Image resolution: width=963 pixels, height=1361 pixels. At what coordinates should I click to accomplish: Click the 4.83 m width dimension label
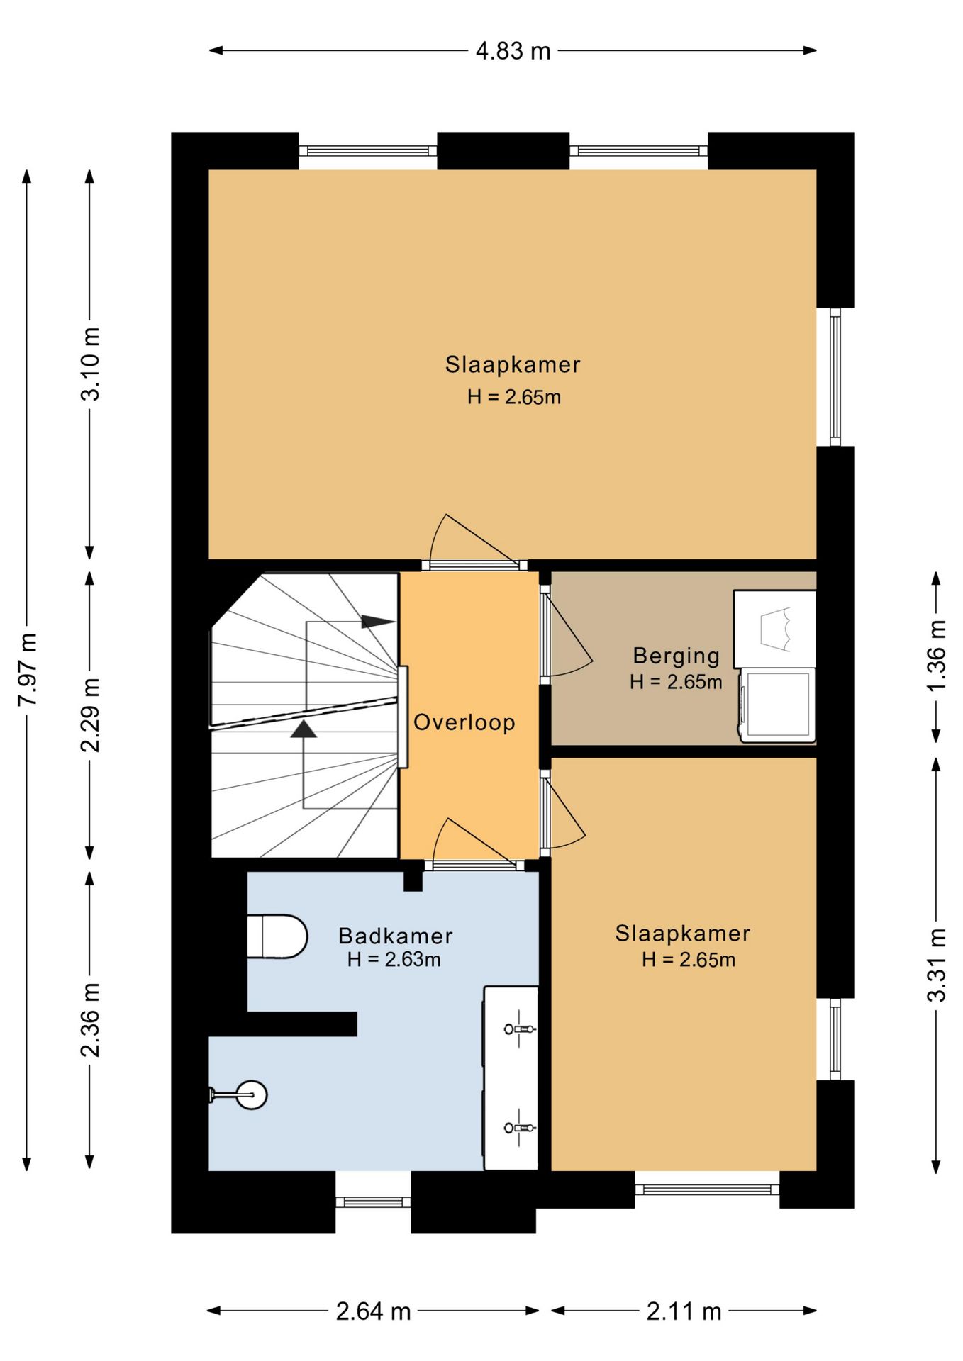(x=513, y=51)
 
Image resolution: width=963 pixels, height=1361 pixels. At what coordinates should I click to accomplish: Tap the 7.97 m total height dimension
(x=28, y=669)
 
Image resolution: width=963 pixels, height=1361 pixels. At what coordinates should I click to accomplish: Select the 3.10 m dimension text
(x=90, y=364)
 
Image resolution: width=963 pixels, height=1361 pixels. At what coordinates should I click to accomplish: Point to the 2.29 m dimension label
(x=90, y=715)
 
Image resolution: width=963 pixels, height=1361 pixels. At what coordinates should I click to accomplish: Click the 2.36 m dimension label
(x=90, y=1020)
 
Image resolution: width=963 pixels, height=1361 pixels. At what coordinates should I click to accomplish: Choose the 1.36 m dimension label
(x=936, y=656)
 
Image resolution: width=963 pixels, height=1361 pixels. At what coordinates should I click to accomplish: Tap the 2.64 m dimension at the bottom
(x=373, y=1311)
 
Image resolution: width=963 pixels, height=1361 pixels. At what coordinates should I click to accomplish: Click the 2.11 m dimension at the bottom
(x=684, y=1311)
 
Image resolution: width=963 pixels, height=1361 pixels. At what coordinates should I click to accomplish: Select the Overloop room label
(x=464, y=722)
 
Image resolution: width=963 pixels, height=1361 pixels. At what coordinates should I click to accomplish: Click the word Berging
(x=677, y=656)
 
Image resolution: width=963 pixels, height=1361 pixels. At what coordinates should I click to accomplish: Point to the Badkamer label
(x=395, y=936)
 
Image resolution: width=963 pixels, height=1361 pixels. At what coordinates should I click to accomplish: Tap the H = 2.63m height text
(x=394, y=960)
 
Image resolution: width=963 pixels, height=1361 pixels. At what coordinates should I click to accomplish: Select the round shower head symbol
(x=251, y=1095)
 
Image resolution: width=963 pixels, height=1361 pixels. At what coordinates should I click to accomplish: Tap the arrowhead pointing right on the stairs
(x=378, y=622)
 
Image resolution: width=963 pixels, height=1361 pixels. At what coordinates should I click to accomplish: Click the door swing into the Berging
(x=567, y=635)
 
